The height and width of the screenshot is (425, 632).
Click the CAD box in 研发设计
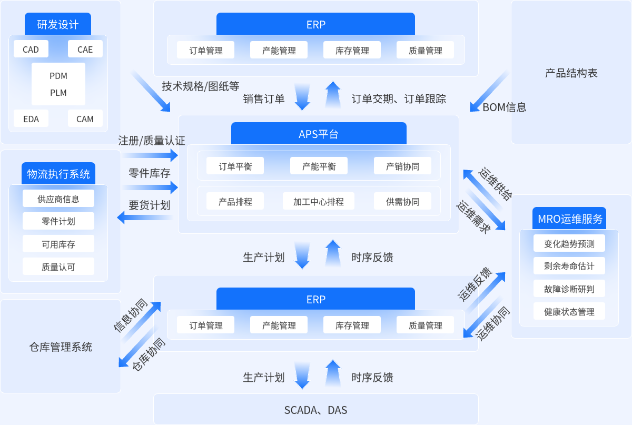coord(31,50)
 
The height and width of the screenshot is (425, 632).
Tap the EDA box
coord(31,119)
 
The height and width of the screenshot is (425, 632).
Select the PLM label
coord(58,93)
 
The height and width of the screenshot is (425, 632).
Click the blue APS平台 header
coord(319,134)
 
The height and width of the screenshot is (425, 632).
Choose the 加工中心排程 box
coord(319,201)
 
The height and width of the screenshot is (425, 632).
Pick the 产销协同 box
coord(402,166)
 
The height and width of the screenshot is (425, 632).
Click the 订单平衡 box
coord(235,166)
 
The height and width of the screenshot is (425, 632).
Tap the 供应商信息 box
coord(58,199)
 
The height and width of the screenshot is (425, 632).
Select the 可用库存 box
coord(58,244)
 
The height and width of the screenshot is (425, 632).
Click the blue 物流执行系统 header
coord(58,174)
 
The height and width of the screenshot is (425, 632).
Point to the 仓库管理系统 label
coord(61,347)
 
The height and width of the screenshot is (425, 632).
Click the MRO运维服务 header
coord(569,219)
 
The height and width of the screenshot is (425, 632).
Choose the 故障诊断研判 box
coord(569,289)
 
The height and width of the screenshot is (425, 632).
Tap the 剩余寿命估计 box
coord(569,266)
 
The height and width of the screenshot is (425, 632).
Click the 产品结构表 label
coord(571,73)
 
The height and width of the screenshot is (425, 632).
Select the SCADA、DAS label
coord(316,410)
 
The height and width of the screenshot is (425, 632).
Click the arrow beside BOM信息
coord(489,92)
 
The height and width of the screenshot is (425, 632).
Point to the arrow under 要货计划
coord(144,217)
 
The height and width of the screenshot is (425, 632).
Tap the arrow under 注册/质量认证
coord(150,155)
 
